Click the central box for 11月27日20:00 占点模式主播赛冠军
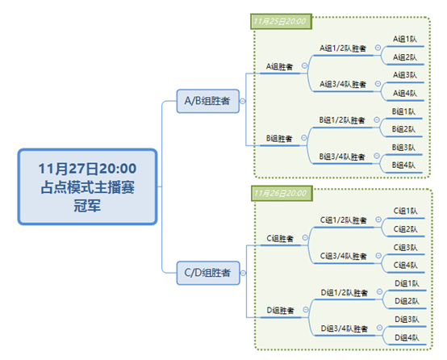click(87, 186)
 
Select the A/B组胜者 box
click(208, 101)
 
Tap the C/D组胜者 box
click(208, 273)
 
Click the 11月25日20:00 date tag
click(281, 22)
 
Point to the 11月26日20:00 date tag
click(282, 194)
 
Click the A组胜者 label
click(279, 67)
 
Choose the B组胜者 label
click(279, 139)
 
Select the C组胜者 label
click(280, 238)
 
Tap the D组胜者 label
click(280, 311)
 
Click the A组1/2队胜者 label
click(343, 48)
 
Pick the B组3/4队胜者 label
click(342, 157)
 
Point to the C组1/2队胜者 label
click(343, 220)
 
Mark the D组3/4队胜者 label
click(345, 329)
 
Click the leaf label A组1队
click(405, 39)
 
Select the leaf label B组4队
click(403, 165)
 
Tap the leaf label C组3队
click(405, 247)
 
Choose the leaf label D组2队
click(407, 301)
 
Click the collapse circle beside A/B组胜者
click(243, 101)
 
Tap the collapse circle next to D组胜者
click(306, 309)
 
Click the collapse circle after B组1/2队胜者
click(377, 119)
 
